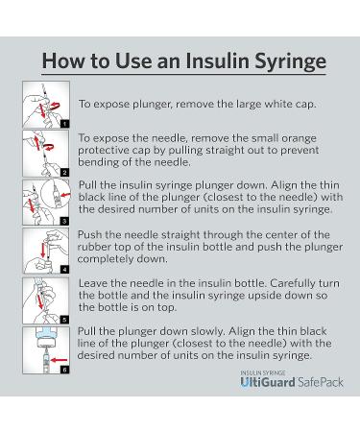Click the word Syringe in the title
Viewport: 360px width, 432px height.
[290, 61]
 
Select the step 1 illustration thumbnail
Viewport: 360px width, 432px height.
[46, 105]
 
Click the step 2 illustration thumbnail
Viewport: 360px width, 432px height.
[46, 154]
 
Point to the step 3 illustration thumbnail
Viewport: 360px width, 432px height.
[46, 203]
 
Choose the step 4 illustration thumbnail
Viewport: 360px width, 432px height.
[46, 251]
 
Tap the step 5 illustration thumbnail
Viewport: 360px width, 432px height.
[46, 300]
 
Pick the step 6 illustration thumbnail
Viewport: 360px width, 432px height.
[46, 350]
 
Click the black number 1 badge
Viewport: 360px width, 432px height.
[64, 124]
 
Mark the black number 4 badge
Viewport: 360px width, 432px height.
[64, 270]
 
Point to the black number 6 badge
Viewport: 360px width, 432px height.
[64, 370]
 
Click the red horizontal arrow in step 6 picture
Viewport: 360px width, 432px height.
[59, 361]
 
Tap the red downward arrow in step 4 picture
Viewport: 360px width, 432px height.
[43, 250]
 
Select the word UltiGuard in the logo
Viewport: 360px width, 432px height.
[268, 382]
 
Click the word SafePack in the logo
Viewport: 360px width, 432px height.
[321, 382]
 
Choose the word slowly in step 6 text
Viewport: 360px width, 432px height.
[206, 332]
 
